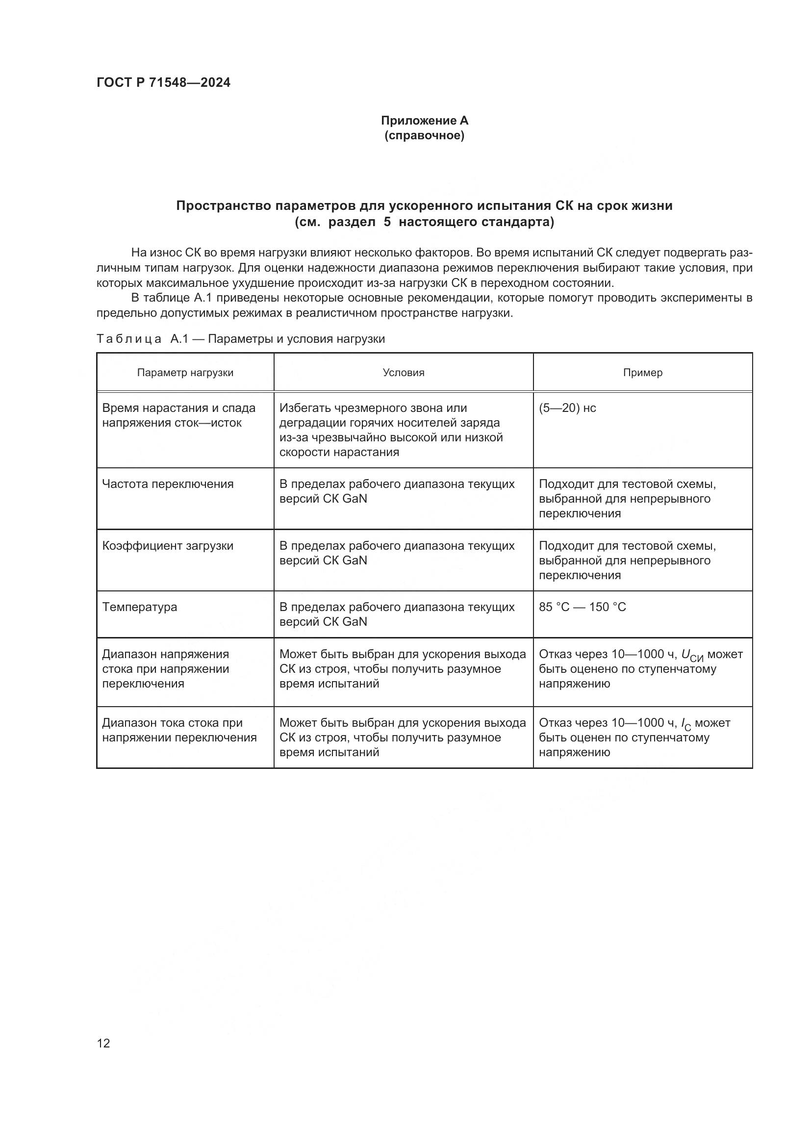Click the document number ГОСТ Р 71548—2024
163,82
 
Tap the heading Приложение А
425,121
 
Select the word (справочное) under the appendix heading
425,136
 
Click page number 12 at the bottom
103,1043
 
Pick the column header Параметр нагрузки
185,373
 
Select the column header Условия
404,373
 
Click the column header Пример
643,373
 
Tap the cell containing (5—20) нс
567,408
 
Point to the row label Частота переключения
168,484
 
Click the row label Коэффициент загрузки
168,545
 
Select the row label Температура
140,607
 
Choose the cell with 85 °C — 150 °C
583,607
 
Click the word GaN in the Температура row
355,622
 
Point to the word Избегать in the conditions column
305,408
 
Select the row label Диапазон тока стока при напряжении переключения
179,730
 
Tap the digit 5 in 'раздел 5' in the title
387,222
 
